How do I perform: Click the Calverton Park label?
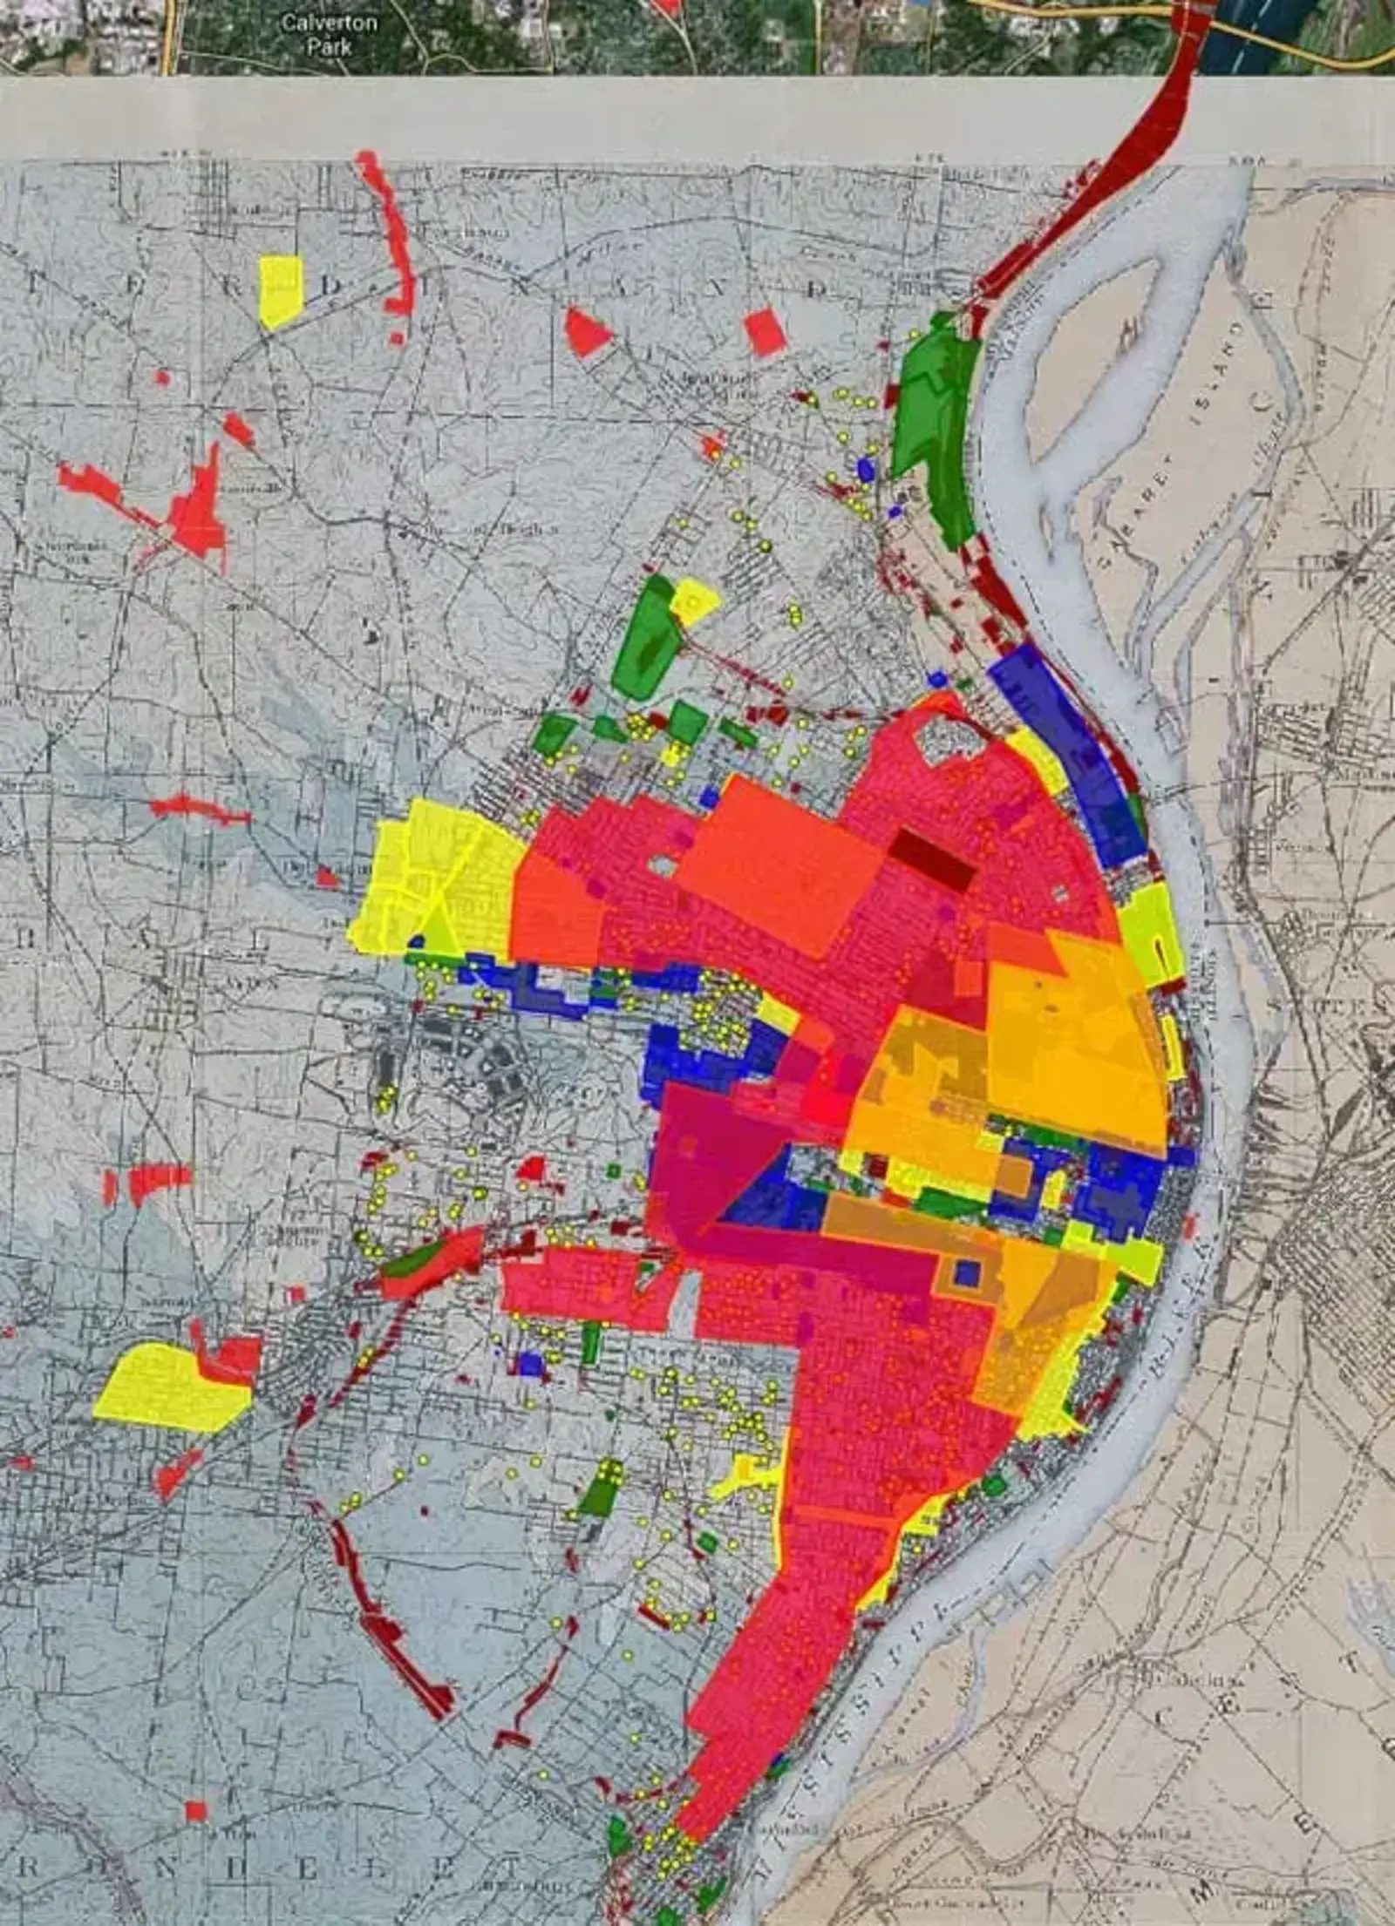point(329,33)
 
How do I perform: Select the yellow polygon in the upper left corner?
point(281,290)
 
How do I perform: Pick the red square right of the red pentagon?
point(765,332)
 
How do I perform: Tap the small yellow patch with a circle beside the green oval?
point(695,600)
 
